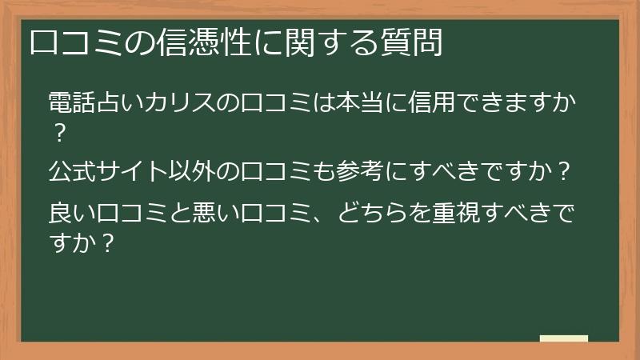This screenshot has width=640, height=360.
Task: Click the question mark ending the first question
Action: click(x=58, y=132)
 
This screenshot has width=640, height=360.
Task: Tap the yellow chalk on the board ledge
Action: click(x=564, y=339)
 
